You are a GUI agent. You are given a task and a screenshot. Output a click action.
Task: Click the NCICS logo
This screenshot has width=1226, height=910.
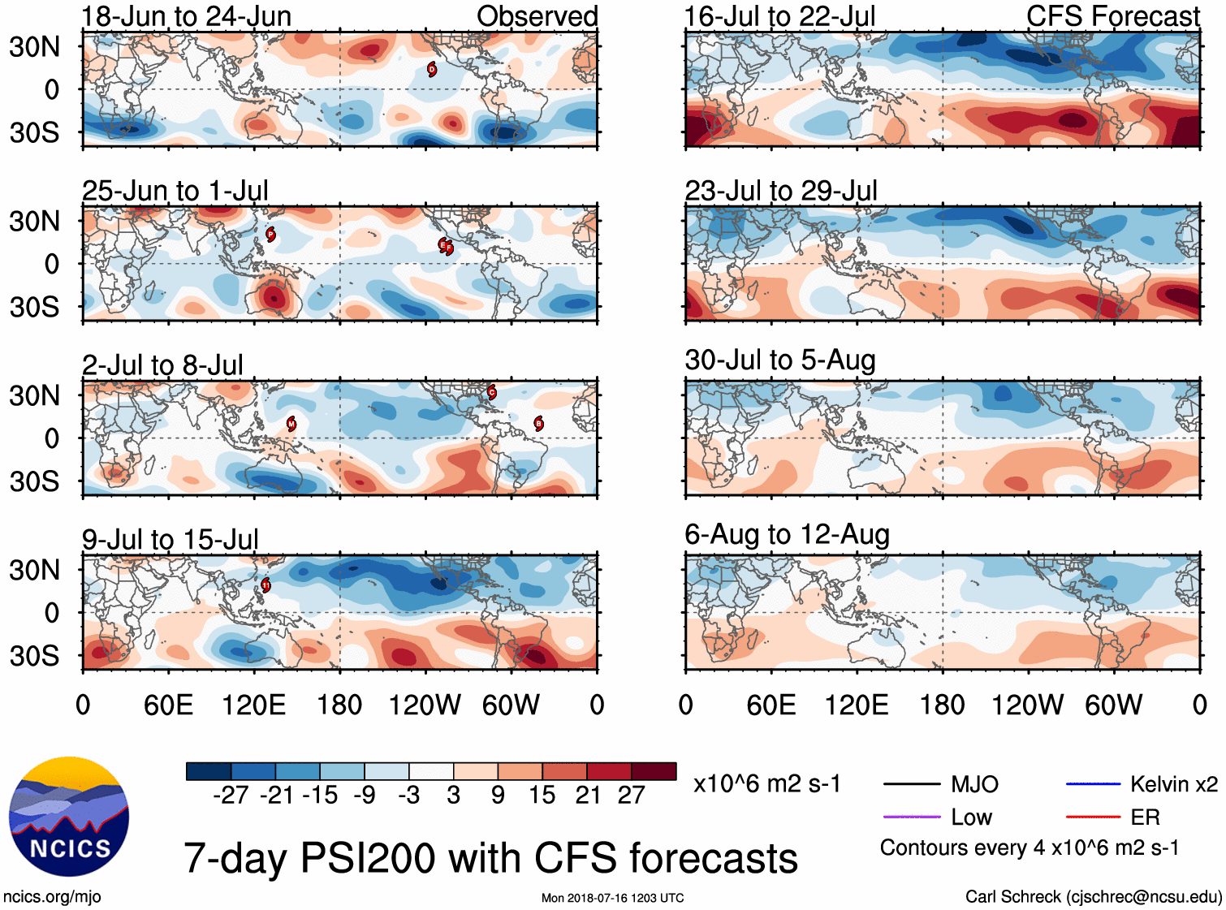tap(69, 817)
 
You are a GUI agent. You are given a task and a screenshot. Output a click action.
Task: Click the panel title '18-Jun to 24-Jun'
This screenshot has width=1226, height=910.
tap(186, 16)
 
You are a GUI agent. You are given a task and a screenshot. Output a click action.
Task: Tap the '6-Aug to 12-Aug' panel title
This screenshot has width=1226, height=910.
tap(787, 534)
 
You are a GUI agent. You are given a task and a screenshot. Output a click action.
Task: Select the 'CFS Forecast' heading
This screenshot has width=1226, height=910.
tap(1112, 16)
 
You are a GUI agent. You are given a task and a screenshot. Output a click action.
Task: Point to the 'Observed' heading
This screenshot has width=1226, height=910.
tap(537, 16)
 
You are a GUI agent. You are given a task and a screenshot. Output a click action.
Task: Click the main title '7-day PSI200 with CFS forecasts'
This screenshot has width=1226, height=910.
tap(490, 858)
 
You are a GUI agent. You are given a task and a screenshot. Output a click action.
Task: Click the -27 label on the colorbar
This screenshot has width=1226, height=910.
tap(231, 795)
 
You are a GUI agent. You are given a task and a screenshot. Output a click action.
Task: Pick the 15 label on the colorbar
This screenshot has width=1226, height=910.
tap(542, 795)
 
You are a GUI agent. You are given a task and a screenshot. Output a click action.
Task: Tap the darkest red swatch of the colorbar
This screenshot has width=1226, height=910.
tap(654, 771)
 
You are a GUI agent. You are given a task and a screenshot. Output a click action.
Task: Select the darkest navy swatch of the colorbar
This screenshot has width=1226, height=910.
tap(209, 771)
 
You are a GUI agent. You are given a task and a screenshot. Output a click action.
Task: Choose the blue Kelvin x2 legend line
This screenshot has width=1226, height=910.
tap(1093, 784)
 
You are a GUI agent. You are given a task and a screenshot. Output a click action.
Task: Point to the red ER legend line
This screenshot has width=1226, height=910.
tap(1093, 817)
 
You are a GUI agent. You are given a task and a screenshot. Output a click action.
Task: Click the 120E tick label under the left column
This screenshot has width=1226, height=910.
tap(253, 705)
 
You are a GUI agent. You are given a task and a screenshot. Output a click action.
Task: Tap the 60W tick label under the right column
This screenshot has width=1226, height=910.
tap(1113, 705)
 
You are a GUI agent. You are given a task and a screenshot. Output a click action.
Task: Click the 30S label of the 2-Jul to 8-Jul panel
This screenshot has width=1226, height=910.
tap(35, 481)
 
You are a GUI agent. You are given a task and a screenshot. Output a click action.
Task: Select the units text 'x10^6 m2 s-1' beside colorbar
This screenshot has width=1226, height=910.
tap(766, 784)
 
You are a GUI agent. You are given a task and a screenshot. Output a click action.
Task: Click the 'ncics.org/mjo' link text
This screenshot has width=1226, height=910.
tap(52, 897)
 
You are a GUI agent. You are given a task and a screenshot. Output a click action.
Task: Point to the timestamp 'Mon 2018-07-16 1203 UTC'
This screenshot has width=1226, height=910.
tap(612, 898)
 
